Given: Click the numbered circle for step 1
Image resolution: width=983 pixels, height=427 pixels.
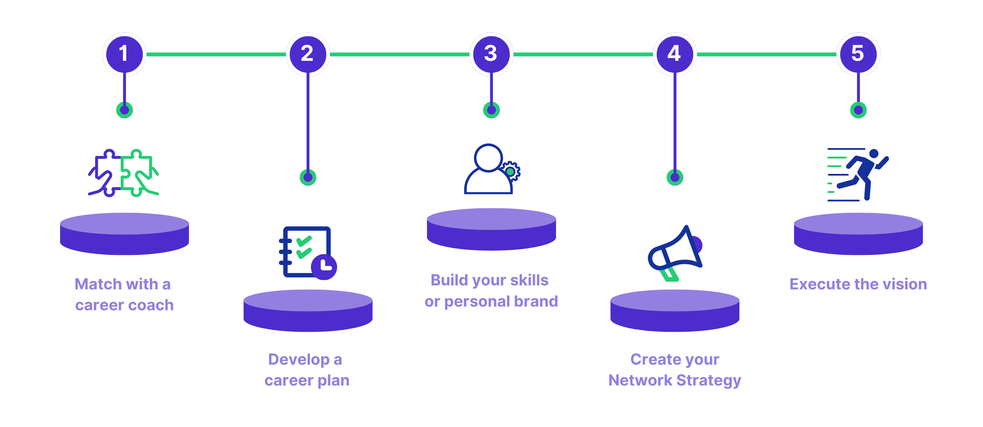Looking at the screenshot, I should (x=124, y=54).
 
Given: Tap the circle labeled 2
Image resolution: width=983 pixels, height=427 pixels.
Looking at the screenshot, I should (x=308, y=54).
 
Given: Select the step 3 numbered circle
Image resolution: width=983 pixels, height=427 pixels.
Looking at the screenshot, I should (x=491, y=54).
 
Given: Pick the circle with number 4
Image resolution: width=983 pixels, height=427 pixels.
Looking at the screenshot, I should (x=675, y=54).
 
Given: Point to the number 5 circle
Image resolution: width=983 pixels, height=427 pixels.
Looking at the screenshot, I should (x=858, y=54).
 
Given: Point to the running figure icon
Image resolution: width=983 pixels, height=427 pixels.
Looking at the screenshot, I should (x=859, y=174).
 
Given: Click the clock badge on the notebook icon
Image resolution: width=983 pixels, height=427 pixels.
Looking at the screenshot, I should (x=324, y=267).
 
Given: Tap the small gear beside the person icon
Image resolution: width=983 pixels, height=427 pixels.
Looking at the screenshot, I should (x=511, y=171).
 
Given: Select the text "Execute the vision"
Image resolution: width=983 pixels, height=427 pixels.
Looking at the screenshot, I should (x=858, y=284).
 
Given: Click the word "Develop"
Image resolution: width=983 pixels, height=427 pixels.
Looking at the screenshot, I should (x=299, y=360).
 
